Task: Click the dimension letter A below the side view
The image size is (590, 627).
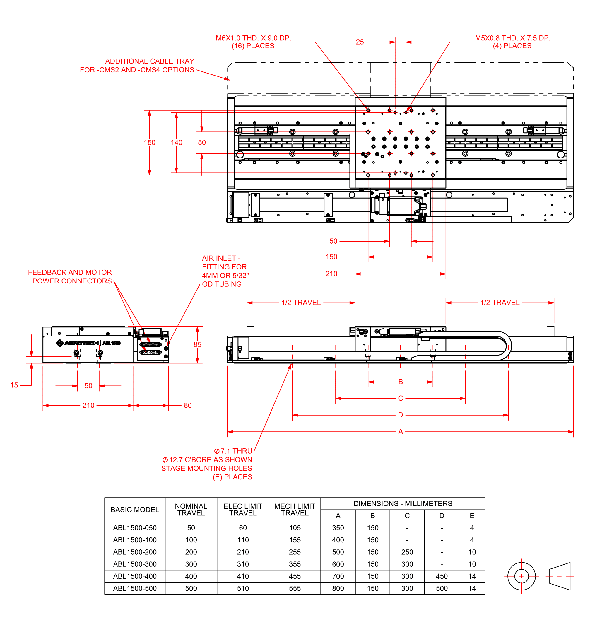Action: pos(400,431)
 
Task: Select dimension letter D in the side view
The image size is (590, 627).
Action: pos(400,415)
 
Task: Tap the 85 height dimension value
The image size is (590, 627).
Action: pos(197,344)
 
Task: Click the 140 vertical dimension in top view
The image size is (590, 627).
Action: pos(177,143)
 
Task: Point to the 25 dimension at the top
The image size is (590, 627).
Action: pos(360,42)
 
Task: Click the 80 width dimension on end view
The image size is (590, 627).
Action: pos(188,405)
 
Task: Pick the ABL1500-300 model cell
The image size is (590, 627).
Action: pos(135,564)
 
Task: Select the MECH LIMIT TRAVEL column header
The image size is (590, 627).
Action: pos(295,510)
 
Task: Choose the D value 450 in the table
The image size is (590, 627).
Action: pos(442,576)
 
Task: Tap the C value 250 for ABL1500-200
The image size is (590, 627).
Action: pos(407,552)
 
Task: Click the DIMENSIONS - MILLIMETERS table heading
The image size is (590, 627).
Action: pos(403,504)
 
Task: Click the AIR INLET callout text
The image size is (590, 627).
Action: pos(225,271)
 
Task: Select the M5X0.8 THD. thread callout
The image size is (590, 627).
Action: pos(512,42)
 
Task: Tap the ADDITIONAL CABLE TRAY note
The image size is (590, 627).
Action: pos(137,65)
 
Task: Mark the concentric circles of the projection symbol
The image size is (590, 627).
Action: pos(521,576)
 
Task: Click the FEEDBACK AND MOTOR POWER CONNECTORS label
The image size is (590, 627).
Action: pos(70,276)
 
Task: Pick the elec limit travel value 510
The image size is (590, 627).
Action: pos(243,588)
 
